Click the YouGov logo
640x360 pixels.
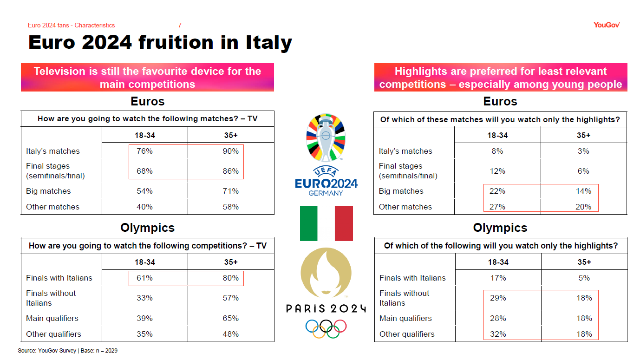coord(607,25)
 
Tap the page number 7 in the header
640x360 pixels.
coord(180,25)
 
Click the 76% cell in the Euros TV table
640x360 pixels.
coord(144,151)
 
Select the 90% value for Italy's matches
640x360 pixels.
coord(230,151)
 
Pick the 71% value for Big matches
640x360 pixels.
coord(230,191)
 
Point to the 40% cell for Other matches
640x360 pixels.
coord(144,207)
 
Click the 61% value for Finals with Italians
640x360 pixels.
coord(144,278)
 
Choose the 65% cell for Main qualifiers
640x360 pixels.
coord(230,318)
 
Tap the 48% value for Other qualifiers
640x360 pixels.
coord(230,334)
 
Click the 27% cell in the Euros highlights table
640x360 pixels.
coord(497,207)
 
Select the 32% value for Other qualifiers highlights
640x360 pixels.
coord(498,334)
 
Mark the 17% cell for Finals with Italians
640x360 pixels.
coord(498,278)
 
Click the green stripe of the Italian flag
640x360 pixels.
coord(308,223)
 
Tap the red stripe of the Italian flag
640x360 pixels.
coord(344,223)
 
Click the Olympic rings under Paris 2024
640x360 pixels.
coord(326,328)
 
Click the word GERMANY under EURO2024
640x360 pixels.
coord(326,193)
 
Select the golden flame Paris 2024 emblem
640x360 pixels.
coord(326,273)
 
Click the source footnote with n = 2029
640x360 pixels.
coord(68,351)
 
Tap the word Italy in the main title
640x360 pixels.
coord(269,42)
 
